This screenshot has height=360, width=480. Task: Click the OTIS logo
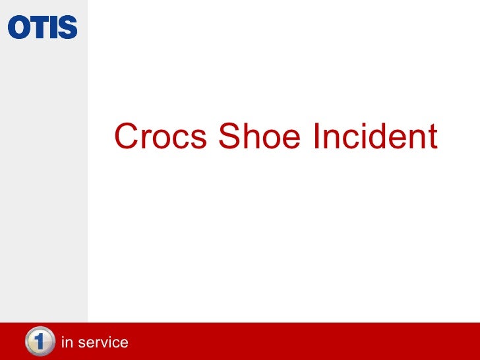click(x=42, y=28)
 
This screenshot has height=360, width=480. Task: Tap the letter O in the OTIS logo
click(x=18, y=28)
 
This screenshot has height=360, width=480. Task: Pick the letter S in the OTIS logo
click(x=67, y=28)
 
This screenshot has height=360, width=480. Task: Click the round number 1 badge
click(x=39, y=342)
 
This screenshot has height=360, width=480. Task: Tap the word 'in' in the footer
click(x=66, y=343)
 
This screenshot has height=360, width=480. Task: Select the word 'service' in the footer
click(x=102, y=343)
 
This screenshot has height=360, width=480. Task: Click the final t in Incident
click(x=431, y=137)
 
